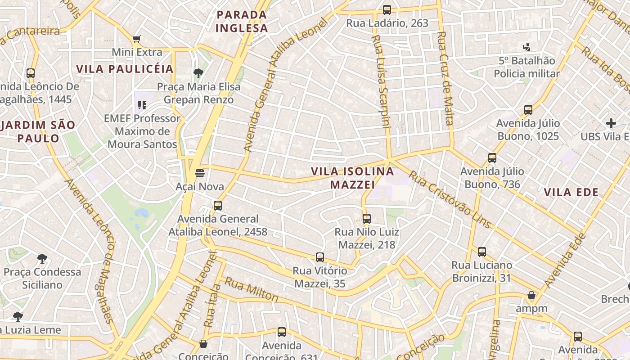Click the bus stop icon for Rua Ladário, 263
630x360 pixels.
[387, 9]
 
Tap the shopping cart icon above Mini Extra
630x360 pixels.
[137, 39]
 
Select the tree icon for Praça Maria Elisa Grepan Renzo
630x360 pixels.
[198, 73]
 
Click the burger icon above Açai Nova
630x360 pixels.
[200, 173]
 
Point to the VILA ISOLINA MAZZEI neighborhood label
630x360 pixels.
[352, 178]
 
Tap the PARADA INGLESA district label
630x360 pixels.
[242, 21]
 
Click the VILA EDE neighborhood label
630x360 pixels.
[571, 193]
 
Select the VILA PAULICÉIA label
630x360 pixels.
[125, 69]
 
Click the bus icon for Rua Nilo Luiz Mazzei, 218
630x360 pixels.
[367, 219]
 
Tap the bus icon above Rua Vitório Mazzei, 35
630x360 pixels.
[320, 257]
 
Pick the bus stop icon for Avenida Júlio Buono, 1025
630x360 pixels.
[528, 110]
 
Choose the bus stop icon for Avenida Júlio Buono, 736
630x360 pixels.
[492, 158]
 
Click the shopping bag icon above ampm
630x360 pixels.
[531, 295]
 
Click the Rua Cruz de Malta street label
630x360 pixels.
[445, 78]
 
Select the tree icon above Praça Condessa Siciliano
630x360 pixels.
[42, 258]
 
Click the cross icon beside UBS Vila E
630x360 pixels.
[611, 123]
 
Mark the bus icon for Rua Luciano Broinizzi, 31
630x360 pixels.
[482, 252]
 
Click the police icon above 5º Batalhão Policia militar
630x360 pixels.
[526, 47]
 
